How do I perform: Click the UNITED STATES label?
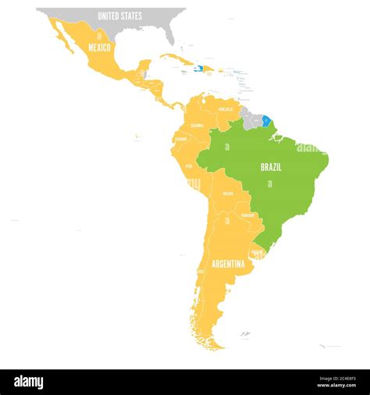click(119, 16)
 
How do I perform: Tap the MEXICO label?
click(100, 48)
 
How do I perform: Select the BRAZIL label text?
click(271, 167)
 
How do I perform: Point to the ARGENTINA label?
click(228, 264)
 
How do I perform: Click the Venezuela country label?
click(226, 109)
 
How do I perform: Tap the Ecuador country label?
click(180, 140)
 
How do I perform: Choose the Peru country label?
click(188, 166)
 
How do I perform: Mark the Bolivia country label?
click(228, 193)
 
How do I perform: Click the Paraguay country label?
click(247, 215)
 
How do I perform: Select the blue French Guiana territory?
click(267, 121)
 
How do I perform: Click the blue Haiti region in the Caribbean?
click(198, 69)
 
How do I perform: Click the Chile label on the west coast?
click(201, 271)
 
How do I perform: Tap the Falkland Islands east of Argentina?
click(245, 334)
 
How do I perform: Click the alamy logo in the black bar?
click(29, 383)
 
